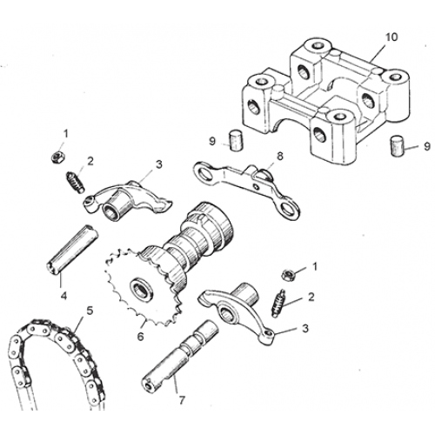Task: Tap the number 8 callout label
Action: (279, 156)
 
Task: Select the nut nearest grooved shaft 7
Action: (288, 274)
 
